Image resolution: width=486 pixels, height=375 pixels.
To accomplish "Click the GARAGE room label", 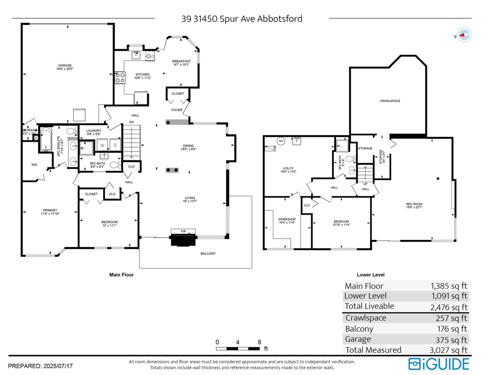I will click(65, 66).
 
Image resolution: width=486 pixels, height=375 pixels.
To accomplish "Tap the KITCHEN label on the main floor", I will click(143, 74).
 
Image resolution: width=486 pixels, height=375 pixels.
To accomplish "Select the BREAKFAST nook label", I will click(181, 61).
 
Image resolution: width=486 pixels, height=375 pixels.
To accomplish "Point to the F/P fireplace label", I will click(183, 231).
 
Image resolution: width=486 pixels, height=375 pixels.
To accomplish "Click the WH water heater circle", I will click(281, 141).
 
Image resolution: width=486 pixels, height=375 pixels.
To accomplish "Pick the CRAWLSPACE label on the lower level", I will click(390, 101).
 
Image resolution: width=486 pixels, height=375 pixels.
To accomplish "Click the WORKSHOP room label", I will click(287, 219).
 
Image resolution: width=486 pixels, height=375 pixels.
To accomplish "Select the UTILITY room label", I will click(288, 169).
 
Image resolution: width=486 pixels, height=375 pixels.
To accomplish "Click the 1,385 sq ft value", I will click(449, 286).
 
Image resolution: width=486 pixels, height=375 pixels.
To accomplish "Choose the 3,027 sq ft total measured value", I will click(449, 350).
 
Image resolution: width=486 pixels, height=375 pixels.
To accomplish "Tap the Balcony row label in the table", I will click(359, 329).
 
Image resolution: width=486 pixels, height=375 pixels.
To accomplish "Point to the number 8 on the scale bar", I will click(259, 341).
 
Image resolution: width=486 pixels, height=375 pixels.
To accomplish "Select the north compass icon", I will click(464, 35).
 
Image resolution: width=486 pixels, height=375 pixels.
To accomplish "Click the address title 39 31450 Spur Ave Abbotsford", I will click(242, 19).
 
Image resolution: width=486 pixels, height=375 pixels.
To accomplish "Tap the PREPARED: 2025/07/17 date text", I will click(40, 366).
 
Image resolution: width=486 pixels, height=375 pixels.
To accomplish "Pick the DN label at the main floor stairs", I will click(131, 122).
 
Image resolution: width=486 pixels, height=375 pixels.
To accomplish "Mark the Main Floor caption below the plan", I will click(122, 275).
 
